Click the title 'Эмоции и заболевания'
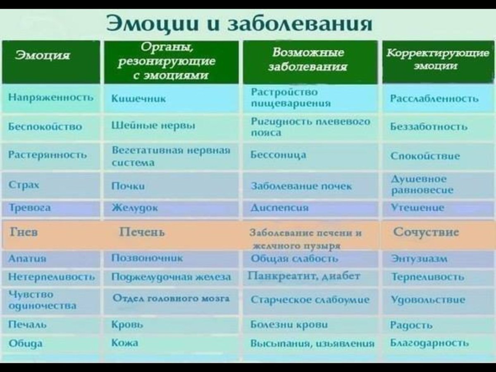pyautogui.click(x=239, y=24)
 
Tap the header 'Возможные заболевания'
pyautogui.click(x=308, y=60)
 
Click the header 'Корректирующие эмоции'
pyautogui.click(x=437, y=60)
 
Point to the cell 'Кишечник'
pyautogui.click(x=139, y=99)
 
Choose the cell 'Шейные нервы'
pyautogui.click(x=154, y=126)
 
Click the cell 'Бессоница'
pyautogui.click(x=279, y=155)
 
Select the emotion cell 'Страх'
pyautogui.click(x=24, y=185)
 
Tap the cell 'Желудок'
pyautogui.click(x=135, y=208)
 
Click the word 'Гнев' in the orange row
pyautogui.click(x=24, y=232)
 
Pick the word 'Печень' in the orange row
pyautogui.click(x=142, y=232)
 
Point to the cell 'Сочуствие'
pyautogui.click(x=426, y=231)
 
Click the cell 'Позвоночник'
pyautogui.click(x=147, y=258)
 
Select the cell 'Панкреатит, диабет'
pyautogui.click(x=305, y=276)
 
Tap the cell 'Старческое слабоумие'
pyautogui.click(x=310, y=300)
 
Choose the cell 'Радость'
pyautogui.click(x=411, y=325)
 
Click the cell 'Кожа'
pyautogui.click(x=125, y=343)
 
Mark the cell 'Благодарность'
pyautogui.click(x=429, y=343)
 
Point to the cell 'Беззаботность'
pyautogui.click(x=429, y=126)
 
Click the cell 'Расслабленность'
pyautogui.click(x=434, y=99)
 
